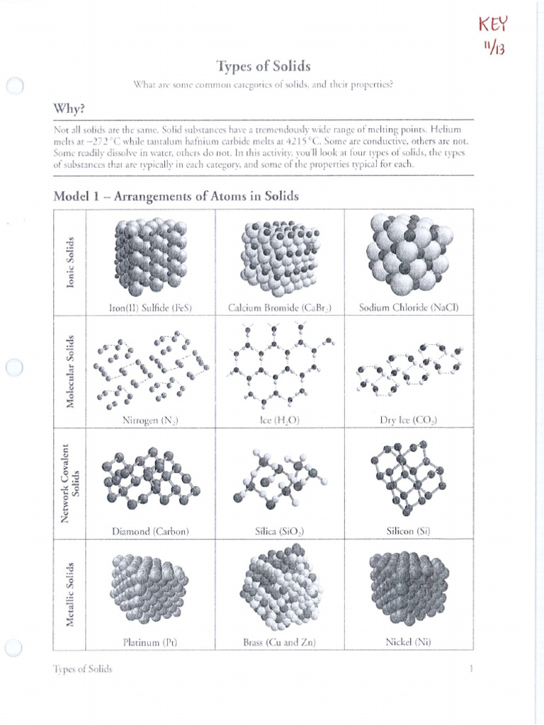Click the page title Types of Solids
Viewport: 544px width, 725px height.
(x=263, y=66)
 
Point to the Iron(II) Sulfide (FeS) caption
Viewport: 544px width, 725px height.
(x=151, y=308)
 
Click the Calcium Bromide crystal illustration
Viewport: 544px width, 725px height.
(x=280, y=256)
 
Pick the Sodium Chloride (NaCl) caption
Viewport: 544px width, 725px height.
(x=409, y=308)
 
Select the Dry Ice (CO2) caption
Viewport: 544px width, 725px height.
(x=409, y=420)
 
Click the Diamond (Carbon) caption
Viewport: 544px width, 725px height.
(x=151, y=531)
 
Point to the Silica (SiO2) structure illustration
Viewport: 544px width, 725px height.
(x=280, y=480)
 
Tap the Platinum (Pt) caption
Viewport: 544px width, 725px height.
(x=150, y=642)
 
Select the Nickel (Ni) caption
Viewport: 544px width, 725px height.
(x=409, y=642)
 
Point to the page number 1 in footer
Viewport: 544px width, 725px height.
(x=470, y=669)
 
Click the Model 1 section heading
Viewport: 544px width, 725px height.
(x=176, y=196)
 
